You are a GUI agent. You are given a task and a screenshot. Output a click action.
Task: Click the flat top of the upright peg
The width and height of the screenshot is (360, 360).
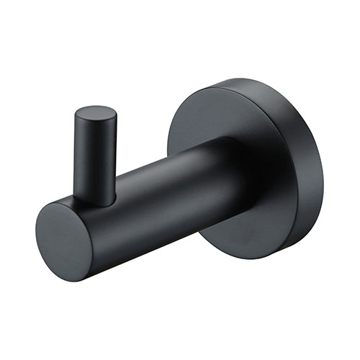(95, 115)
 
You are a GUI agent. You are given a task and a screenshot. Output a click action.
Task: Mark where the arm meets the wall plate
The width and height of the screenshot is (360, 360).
(248, 173)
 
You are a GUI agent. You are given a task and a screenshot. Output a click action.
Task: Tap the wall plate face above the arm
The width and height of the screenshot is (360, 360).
(216, 115)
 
